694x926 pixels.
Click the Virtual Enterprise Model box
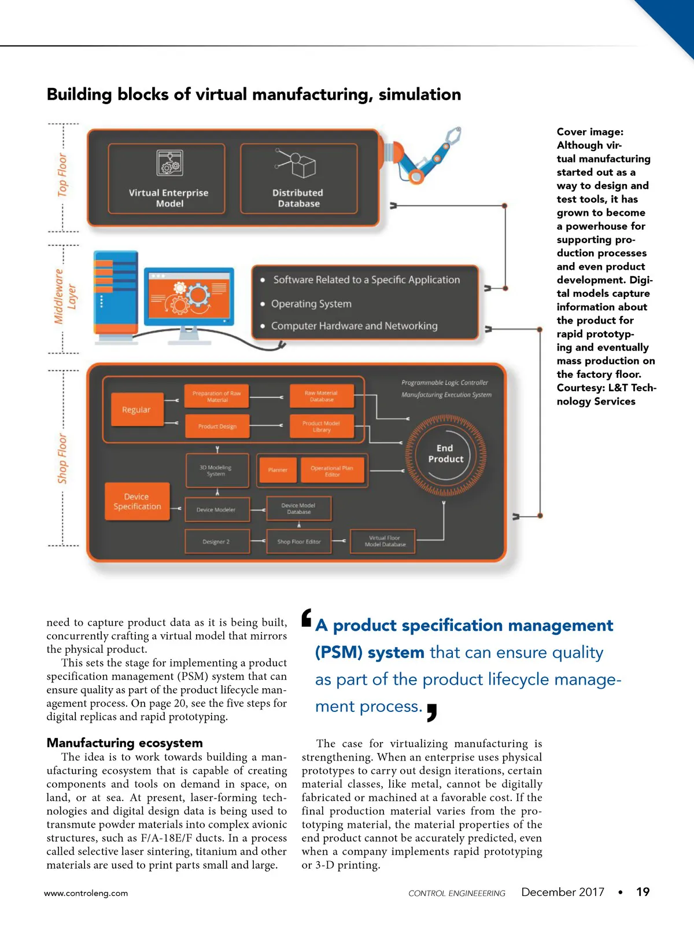[x=168, y=179]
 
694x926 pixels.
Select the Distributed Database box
[x=298, y=179]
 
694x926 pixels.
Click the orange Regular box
[x=136, y=410]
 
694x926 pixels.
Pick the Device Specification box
[x=137, y=501]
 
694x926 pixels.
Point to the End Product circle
[x=445, y=454]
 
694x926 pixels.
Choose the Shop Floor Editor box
[x=299, y=542]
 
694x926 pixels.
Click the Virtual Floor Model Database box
[x=385, y=542]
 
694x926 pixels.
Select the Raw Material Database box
[x=322, y=396]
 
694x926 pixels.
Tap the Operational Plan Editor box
[x=332, y=471]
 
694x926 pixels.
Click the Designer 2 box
[x=217, y=542]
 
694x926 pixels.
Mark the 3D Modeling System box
[x=216, y=471]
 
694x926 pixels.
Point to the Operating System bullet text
[x=311, y=304]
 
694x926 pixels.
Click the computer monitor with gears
[x=189, y=297]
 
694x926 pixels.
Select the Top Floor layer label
[x=62, y=175]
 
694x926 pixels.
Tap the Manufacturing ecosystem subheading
[x=125, y=743]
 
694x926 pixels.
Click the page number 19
[x=643, y=892]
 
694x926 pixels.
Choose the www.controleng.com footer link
[x=86, y=893]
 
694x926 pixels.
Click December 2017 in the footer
[x=563, y=892]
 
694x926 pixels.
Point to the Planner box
[x=278, y=470]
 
